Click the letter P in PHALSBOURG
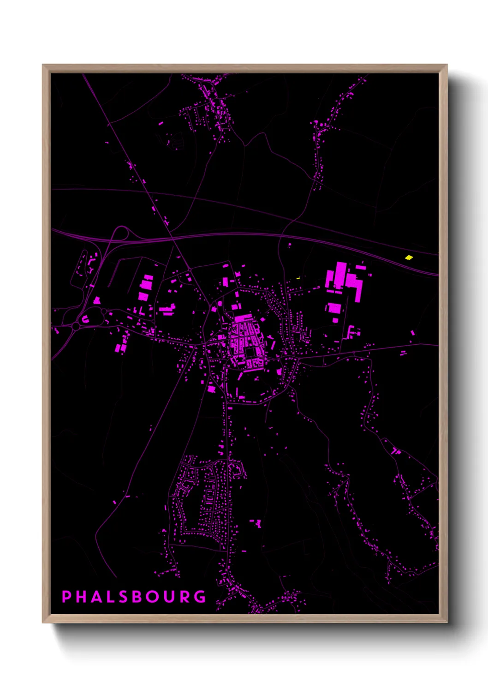pos(66,596)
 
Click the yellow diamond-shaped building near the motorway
pos(409,258)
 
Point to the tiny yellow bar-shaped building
pos(298,278)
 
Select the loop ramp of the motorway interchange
pos(121,232)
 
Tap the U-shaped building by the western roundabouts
pos(85,318)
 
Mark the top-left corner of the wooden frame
pos(43,65)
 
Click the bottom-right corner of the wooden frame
pos(446,622)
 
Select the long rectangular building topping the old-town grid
pos(243,318)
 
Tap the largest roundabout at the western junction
pos(75,327)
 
